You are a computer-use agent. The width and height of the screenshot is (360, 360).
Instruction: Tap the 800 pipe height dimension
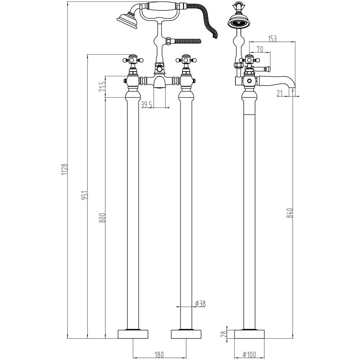pyautogui.click(x=102, y=218)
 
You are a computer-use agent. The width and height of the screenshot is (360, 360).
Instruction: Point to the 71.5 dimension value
pyautogui.click(x=102, y=87)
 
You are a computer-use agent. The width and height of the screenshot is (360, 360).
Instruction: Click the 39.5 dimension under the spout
pyautogui.click(x=147, y=104)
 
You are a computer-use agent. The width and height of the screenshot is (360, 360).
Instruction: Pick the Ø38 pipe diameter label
pyautogui.click(x=201, y=304)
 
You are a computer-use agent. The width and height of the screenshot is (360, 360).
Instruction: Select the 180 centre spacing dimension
pyautogui.click(x=159, y=355)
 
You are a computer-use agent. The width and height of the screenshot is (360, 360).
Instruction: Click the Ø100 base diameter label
pyautogui.click(x=250, y=355)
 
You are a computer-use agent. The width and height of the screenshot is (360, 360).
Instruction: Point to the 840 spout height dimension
pyautogui.click(x=290, y=213)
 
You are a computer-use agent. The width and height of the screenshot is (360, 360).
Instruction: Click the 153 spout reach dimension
pyautogui.click(x=272, y=39)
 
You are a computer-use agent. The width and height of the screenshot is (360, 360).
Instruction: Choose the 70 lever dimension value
pyautogui.click(x=260, y=49)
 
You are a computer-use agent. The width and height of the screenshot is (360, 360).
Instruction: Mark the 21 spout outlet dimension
pyautogui.click(x=279, y=93)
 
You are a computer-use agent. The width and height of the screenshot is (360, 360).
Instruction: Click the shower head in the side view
pyautogui.click(x=237, y=22)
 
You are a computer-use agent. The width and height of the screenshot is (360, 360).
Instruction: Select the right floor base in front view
pyautogui.click(x=186, y=334)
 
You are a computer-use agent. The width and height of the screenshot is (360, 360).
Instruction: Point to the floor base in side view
pyautogui.click(x=249, y=334)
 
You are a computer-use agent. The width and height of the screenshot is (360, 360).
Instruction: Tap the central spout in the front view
pyautogui.click(x=159, y=82)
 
